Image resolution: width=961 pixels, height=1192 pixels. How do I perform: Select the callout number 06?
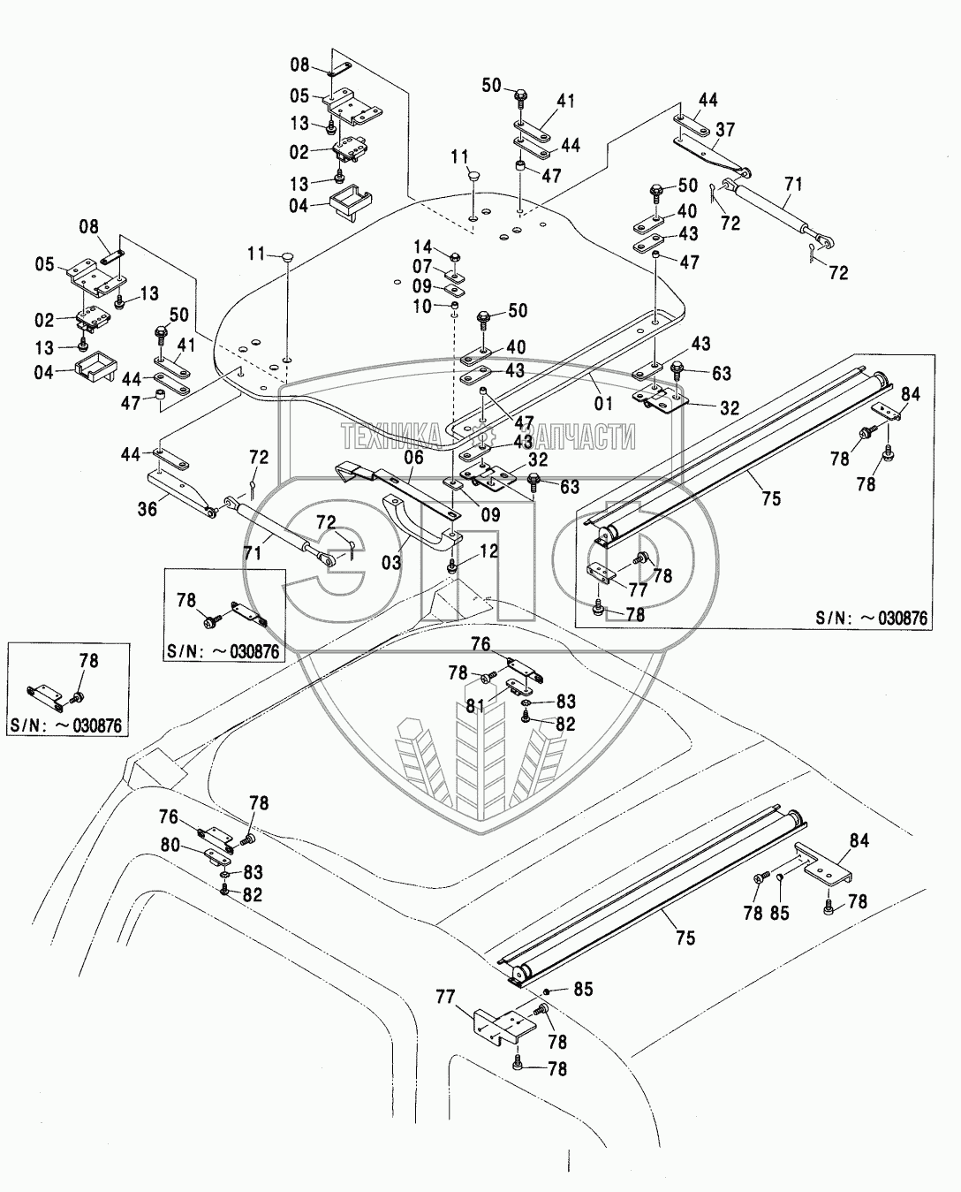coord(413,457)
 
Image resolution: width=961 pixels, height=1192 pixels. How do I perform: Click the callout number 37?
coord(725,130)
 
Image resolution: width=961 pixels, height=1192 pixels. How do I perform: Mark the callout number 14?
coord(422,267)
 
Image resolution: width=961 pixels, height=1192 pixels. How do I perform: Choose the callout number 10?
coord(422,307)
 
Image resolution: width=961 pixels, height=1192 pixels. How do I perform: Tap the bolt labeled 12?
coord(452,566)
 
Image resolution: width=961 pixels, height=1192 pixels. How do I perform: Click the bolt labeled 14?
coord(454,257)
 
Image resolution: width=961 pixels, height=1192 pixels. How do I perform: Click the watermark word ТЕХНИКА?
coord(391,436)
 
